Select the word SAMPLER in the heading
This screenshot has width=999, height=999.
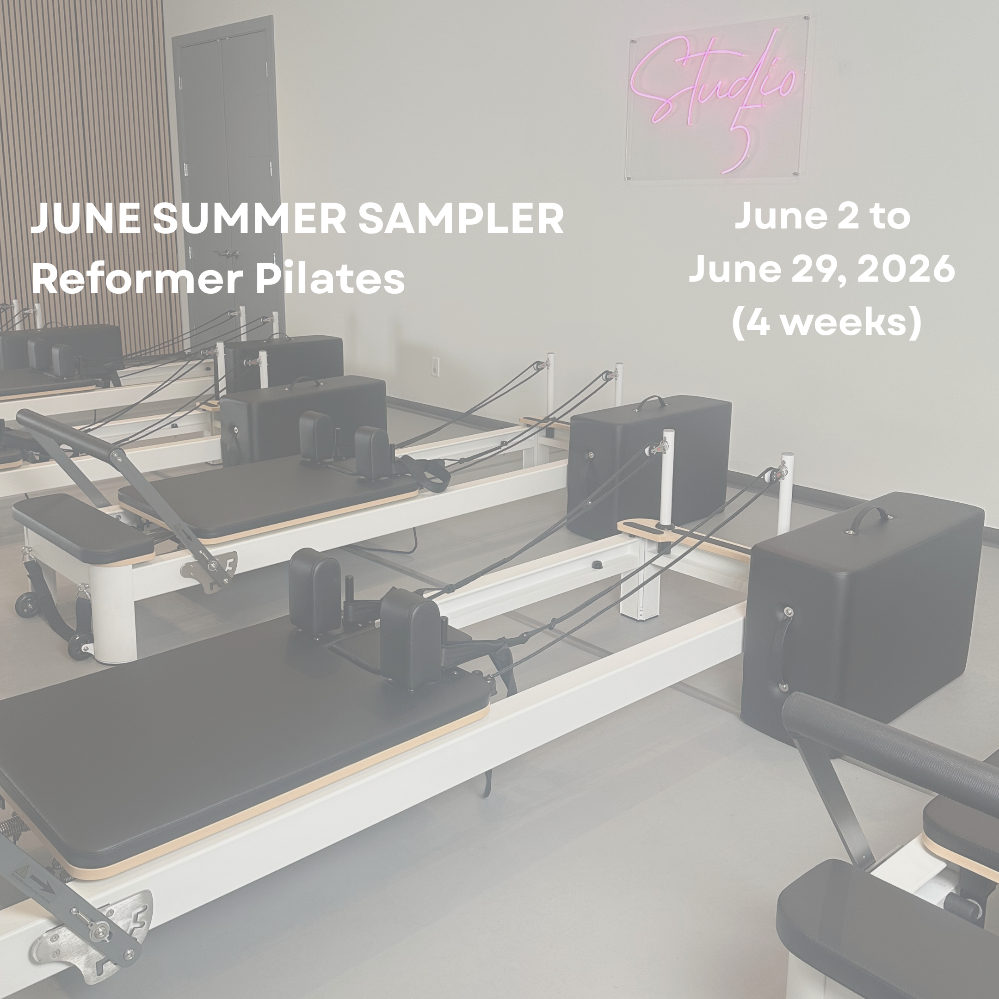[x=460, y=218]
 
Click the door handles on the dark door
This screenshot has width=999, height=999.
[x=226, y=253]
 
